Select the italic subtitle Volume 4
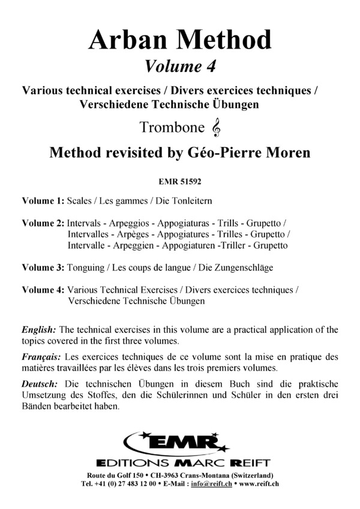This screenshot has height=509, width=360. pos(180,65)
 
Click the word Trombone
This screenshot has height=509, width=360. pos(171,128)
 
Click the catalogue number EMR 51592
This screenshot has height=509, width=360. pos(180,178)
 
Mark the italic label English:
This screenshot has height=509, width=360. pos(39,330)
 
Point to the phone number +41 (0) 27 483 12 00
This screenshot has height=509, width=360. pos(124,483)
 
